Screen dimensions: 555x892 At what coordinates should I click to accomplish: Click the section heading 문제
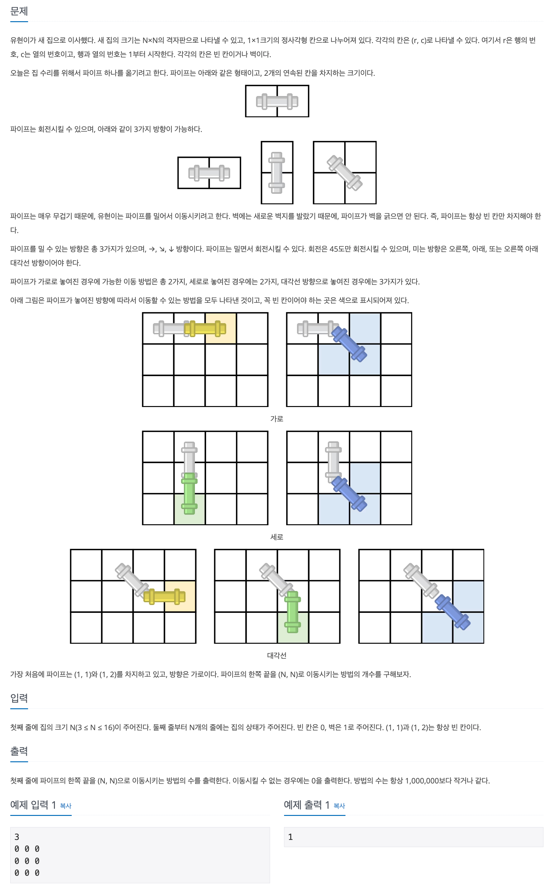[x=19, y=11]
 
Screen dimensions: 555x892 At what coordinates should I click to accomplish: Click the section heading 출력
[x=19, y=751]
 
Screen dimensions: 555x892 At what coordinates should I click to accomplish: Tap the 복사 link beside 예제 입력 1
[x=66, y=806]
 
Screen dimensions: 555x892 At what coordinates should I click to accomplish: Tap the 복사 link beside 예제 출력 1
[x=339, y=806]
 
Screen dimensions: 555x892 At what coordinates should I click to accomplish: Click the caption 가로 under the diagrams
[x=277, y=419]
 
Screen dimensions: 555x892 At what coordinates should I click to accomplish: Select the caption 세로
[x=277, y=537]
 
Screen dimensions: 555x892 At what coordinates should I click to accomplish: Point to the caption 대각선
[x=277, y=655]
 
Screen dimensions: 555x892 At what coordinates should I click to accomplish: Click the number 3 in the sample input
[x=17, y=837]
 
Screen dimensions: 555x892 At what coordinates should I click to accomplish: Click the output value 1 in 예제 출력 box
[x=290, y=837]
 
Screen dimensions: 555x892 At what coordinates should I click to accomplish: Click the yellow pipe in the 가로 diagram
[x=205, y=328]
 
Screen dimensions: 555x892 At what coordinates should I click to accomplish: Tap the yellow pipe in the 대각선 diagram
[x=164, y=597]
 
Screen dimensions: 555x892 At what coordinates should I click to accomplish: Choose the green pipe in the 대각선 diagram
[x=292, y=612]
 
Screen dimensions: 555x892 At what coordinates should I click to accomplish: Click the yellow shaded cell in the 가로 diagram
[x=221, y=328]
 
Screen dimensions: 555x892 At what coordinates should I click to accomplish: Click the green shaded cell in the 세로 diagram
[x=189, y=509]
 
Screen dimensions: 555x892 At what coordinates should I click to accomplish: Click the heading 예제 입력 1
[x=33, y=805]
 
